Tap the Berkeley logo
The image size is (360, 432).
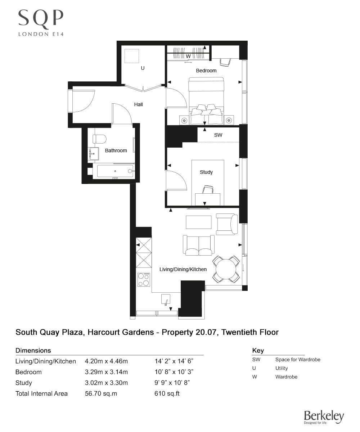pos(324,417)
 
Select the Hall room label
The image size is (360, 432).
pos(138,104)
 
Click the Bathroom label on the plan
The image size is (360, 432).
pos(116,150)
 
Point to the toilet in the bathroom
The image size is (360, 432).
pos(99,139)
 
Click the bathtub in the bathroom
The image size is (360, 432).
pos(113,171)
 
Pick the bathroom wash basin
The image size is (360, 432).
pos(93,154)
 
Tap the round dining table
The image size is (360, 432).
pos(226,269)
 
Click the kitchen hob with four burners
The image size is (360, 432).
pos(144,279)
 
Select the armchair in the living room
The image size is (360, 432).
pos(226,224)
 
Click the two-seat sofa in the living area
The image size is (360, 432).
pos(198,245)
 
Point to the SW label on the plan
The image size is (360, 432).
pos(218,135)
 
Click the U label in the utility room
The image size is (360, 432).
pos(143,68)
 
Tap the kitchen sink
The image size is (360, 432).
pos(166,300)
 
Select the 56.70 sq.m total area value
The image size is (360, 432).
pos(100,393)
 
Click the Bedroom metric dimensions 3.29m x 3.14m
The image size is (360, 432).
pos(106,372)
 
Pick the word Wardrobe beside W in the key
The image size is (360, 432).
pos(286,377)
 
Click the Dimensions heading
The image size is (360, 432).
pos(33,350)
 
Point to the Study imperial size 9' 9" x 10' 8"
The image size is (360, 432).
pos(172,383)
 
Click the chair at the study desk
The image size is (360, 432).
pos(207,189)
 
